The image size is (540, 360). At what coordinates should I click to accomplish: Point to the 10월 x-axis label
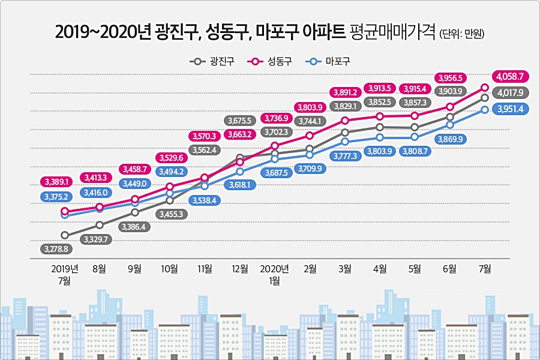pyautogui.click(x=170, y=269)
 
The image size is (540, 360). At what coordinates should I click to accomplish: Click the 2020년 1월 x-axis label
pyautogui.click(x=275, y=274)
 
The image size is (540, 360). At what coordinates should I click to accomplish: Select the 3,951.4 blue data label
pyautogui.click(x=510, y=109)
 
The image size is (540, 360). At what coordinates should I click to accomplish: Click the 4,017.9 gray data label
pyautogui.click(x=510, y=93)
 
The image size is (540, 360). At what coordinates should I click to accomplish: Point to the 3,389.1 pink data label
pyautogui.click(x=57, y=181)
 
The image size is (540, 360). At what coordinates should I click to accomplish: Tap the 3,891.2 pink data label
pyautogui.click(x=345, y=92)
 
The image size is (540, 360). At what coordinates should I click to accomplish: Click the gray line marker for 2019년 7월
pyautogui.click(x=65, y=236)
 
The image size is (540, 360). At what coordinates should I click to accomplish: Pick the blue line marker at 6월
pyautogui.click(x=450, y=125)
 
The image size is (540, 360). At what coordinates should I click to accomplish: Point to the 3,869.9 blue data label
pyautogui.click(x=450, y=139)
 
